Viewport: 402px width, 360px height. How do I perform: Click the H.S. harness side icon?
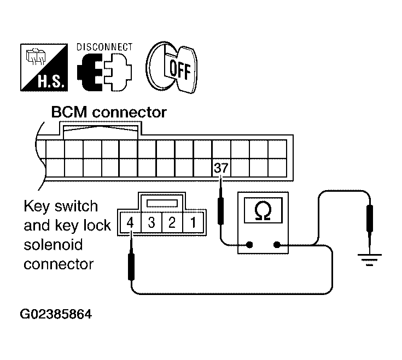click(x=44, y=67)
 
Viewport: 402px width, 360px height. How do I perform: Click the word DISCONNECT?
click(x=104, y=47)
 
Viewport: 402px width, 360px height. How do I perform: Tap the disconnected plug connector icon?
click(x=104, y=72)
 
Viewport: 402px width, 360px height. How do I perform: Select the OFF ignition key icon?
click(x=172, y=67)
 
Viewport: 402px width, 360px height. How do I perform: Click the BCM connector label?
click(x=109, y=113)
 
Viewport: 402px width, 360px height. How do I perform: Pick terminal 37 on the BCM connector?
click(x=222, y=168)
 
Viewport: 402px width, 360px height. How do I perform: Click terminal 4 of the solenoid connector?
click(x=131, y=222)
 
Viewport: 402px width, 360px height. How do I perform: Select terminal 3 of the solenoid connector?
click(x=152, y=222)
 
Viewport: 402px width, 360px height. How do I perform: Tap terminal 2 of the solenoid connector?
click(x=172, y=222)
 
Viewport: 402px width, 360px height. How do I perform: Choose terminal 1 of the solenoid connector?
click(x=193, y=222)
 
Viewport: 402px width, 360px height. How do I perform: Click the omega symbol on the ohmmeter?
click(x=263, y=210)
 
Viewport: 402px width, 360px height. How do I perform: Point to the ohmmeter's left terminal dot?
click(x=249, y=245)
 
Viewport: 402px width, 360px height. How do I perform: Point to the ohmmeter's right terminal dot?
click(x=277, y=245)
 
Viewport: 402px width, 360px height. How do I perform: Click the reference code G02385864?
click(x=56, y=314)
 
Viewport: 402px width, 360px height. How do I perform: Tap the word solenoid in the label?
click(x=54, y=245)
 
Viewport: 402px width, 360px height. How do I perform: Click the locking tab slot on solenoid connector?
click(x=162, y=203)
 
